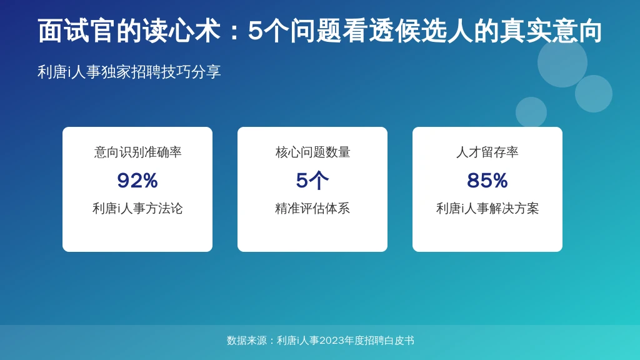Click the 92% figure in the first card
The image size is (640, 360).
(x=137, y=181)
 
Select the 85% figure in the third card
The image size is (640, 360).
(x=487, y=181)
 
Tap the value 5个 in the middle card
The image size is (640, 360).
(x=312, y=181)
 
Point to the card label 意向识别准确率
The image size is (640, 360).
(x=137, y=152)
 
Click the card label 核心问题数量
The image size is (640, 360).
(x=312, y=152)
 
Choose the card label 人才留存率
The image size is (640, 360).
(x=487, y=152)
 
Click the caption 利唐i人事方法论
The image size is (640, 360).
(x=137, y=209)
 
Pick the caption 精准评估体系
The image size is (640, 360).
(x=312, y=209)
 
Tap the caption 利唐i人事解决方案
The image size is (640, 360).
(x=487, y=209)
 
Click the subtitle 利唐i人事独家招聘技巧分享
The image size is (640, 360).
(x=129, y=72)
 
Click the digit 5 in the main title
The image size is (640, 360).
(x=255, y=31)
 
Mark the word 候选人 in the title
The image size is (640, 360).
(x=434, y=31)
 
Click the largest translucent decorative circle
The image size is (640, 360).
(x=562, y=62)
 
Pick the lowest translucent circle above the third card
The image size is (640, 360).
(x=531, y=112)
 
